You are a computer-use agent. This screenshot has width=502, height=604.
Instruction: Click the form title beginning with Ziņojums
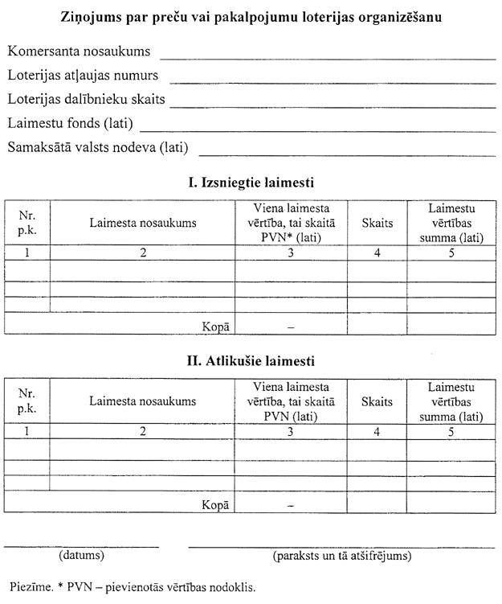(x=250, y=15)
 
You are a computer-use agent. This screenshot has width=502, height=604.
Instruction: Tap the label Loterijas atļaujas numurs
(x=83, y=76)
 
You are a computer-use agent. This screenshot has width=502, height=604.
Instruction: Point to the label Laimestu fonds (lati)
(x=70, y=124)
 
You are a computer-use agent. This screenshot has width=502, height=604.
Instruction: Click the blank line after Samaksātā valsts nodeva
(x=347, y=153)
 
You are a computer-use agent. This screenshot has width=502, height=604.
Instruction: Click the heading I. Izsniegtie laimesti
(x=250, y=183)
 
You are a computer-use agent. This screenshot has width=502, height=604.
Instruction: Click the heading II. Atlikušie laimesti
(x=250, y=360)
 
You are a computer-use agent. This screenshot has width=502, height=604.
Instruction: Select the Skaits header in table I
(x=377, y=224)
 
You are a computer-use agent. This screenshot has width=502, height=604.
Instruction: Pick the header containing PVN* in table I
(x=291, y=224)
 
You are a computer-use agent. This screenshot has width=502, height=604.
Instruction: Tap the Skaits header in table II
(x=377, y=401)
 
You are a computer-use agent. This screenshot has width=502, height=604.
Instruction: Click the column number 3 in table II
(x=291, y=431)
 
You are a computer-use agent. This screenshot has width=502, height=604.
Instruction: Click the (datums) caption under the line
(x=82, y=555)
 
